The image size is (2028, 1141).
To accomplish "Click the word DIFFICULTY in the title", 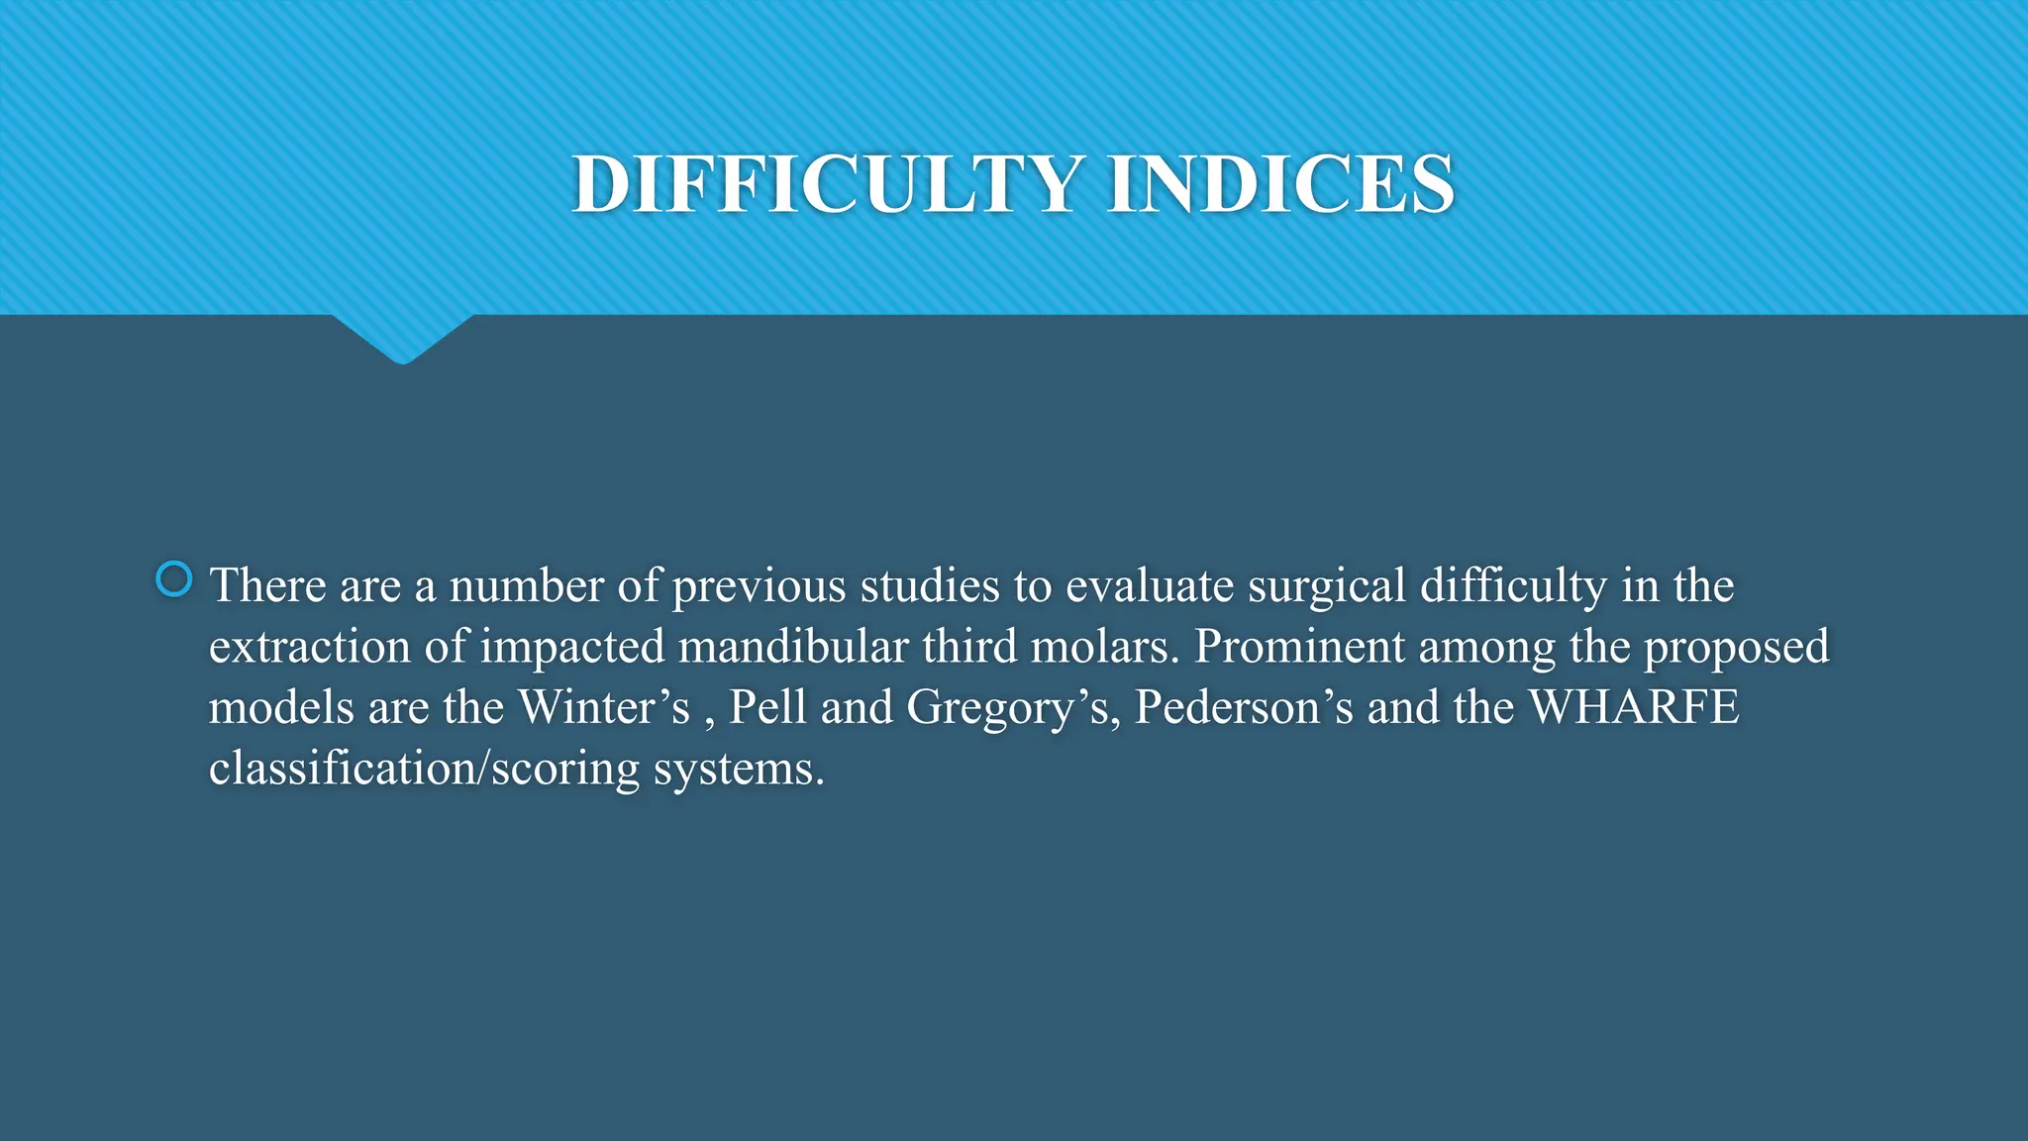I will tap(827, 184).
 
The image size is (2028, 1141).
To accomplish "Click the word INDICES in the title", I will tap(1280, 184).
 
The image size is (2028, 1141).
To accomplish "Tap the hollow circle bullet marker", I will tap(174, 579).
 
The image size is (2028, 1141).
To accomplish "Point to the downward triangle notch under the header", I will tap(402, 339).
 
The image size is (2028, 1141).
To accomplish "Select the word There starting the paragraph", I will tap(267, 585).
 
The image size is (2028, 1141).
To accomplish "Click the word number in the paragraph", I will tap(526, 585).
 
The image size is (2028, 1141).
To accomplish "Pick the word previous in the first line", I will tap(760, 587).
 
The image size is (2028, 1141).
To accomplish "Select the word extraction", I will tap(309, 647).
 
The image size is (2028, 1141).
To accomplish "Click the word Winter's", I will tap(604, 707).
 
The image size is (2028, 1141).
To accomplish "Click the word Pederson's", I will tap(1244, 707).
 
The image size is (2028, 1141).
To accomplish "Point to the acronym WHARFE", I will tap(1634, 707).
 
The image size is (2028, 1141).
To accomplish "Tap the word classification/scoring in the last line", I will tap(425, 769).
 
